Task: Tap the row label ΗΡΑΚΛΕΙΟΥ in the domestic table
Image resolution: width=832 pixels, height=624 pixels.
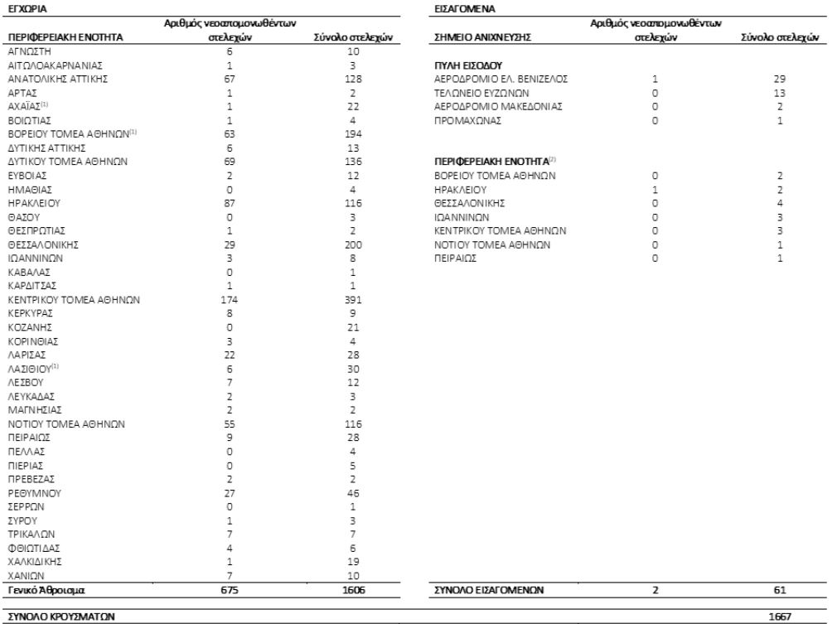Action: click(31, 201)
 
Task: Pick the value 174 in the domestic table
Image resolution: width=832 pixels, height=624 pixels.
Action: click(230, 299)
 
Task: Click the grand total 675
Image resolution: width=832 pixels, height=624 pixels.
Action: click(230, 590)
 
